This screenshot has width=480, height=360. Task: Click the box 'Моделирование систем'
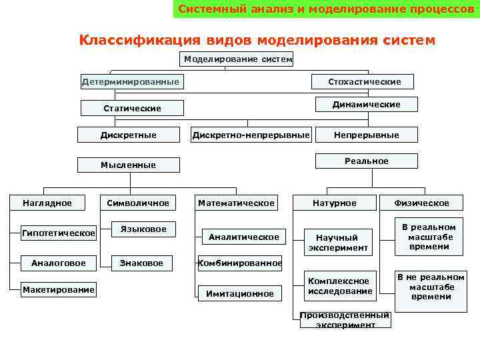coord(238,59)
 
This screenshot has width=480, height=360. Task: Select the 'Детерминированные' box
coord(131,82)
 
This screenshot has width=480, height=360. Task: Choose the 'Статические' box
coord(132,108)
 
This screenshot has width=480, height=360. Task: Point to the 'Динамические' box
coord(366,104)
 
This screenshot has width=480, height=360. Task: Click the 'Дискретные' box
coord(129,135)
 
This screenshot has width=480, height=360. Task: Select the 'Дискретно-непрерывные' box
coord(251,135)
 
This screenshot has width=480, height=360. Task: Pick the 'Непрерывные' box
coord(366,135)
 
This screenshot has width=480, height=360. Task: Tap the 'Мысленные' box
coord(128,165)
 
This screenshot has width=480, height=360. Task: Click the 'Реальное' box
coord(366,161)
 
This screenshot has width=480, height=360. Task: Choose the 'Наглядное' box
coord(47,203)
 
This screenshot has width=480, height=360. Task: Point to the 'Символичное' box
coord(138,203)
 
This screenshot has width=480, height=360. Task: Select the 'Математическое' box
coord(236,203)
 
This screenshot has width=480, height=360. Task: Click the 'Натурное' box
coord(335,203)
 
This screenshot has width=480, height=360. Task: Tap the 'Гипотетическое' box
coord(59,233)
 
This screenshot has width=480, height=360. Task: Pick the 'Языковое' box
coord(143,229)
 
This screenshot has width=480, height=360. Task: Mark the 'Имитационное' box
coord(239,293)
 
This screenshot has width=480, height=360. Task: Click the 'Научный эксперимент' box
coord(337,243)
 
